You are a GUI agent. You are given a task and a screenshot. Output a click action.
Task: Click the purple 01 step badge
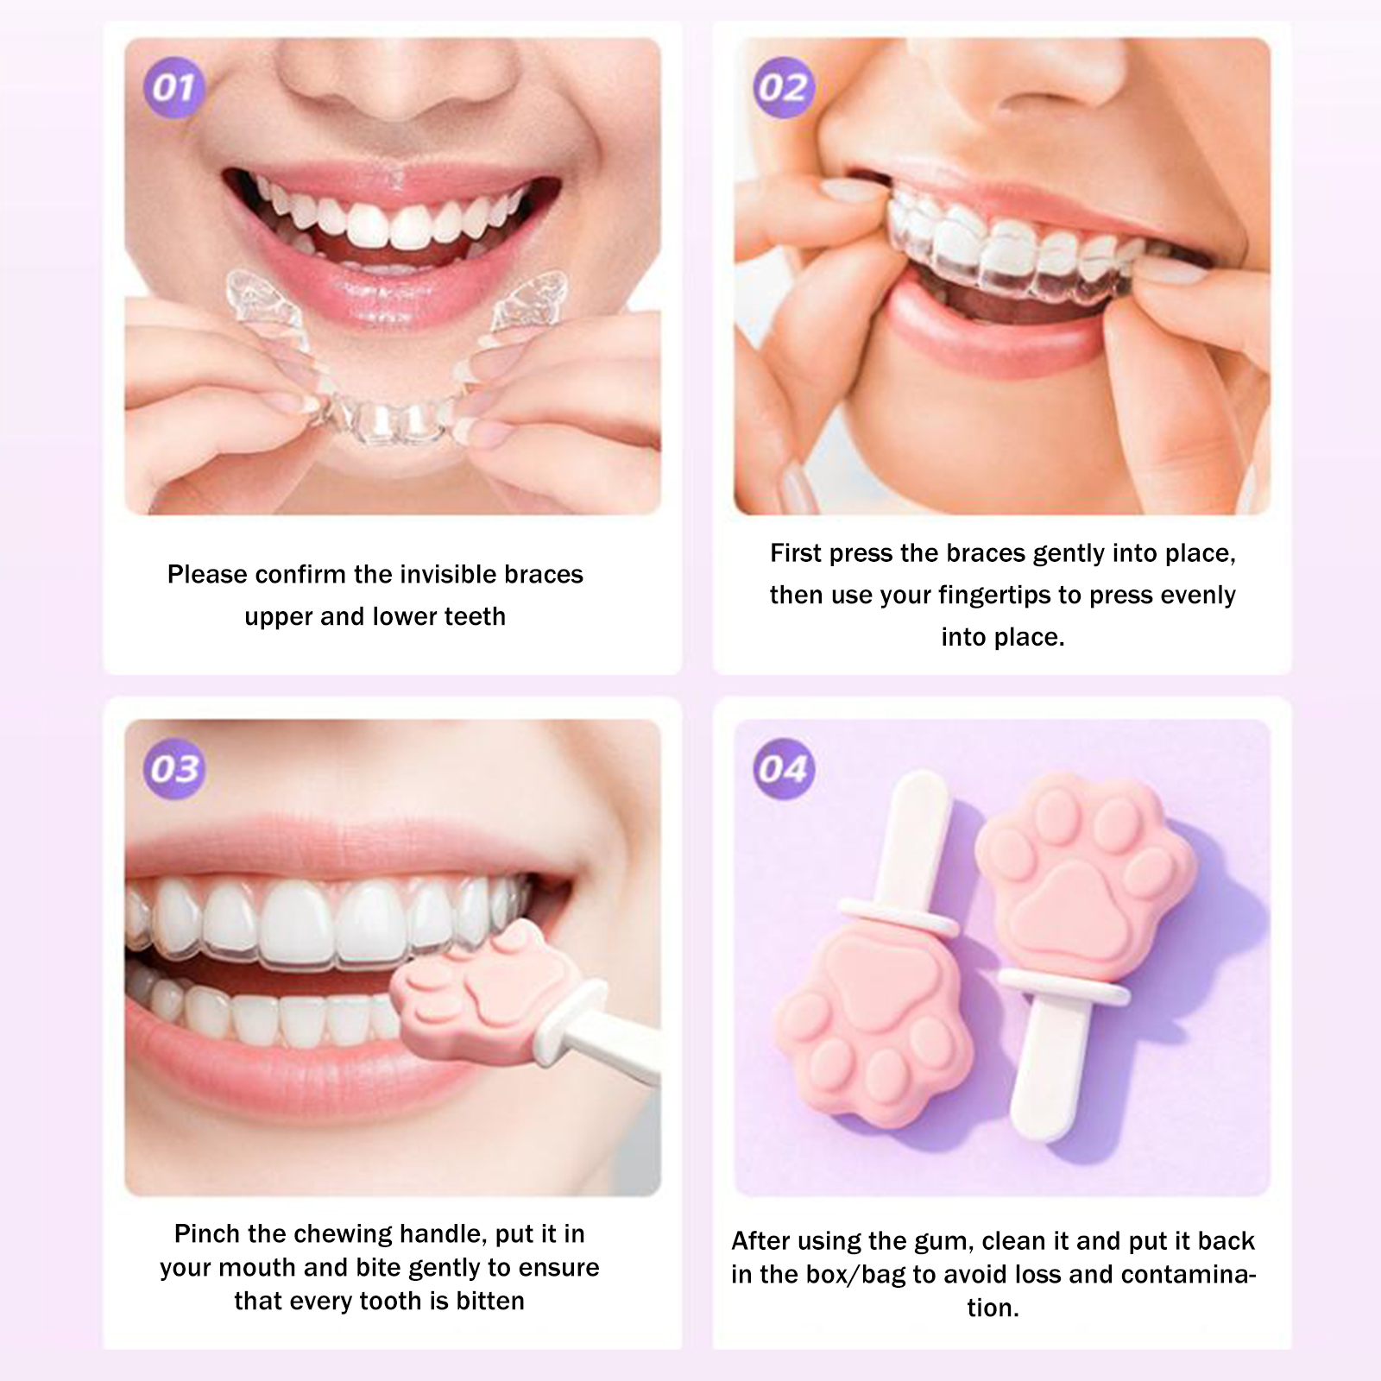tap(173, 88)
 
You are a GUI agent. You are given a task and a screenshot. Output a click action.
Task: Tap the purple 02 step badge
tap(783, 88)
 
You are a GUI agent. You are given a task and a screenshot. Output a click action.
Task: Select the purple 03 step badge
tap(175, 769)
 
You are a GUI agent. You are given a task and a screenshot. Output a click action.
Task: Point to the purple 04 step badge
tap(783, 769)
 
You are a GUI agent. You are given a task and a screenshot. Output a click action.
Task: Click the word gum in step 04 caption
tap(949, 1242)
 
